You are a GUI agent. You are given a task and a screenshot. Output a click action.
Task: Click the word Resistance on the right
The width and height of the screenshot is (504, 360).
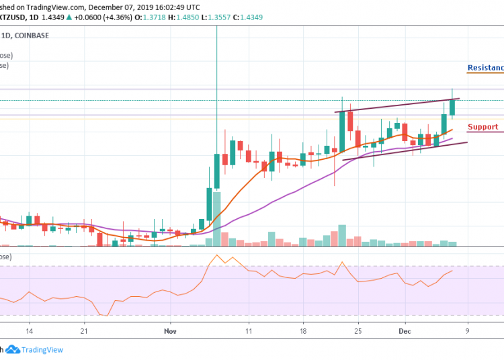pos(485,68)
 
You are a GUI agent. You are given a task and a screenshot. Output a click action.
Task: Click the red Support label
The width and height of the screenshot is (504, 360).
pos(482,127)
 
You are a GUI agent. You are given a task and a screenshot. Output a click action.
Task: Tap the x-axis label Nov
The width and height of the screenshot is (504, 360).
pos(169,331)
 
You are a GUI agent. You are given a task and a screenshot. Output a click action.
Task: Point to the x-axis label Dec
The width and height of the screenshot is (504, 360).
pos(404,331)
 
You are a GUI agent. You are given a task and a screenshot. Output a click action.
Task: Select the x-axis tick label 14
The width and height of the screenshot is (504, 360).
pos(29,331)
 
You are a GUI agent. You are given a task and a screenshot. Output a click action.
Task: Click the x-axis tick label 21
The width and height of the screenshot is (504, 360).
pos(85,331)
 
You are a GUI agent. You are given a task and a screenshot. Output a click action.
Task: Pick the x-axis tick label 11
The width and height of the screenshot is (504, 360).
pos(249,331)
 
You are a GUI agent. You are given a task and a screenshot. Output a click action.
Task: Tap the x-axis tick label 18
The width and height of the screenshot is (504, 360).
pos(303,331)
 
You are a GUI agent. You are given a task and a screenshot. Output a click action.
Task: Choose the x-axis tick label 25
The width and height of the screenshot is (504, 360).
pos(358,331)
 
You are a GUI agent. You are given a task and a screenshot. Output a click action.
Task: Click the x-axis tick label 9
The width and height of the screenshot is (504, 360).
pos(467,331)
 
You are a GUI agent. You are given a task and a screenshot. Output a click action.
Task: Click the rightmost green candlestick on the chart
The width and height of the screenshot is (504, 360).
pos(452,105)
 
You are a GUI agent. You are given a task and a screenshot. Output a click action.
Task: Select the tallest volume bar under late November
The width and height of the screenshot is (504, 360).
pos(342,234)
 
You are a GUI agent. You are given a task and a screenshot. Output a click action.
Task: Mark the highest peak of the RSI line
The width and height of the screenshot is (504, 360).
pos(216,255)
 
